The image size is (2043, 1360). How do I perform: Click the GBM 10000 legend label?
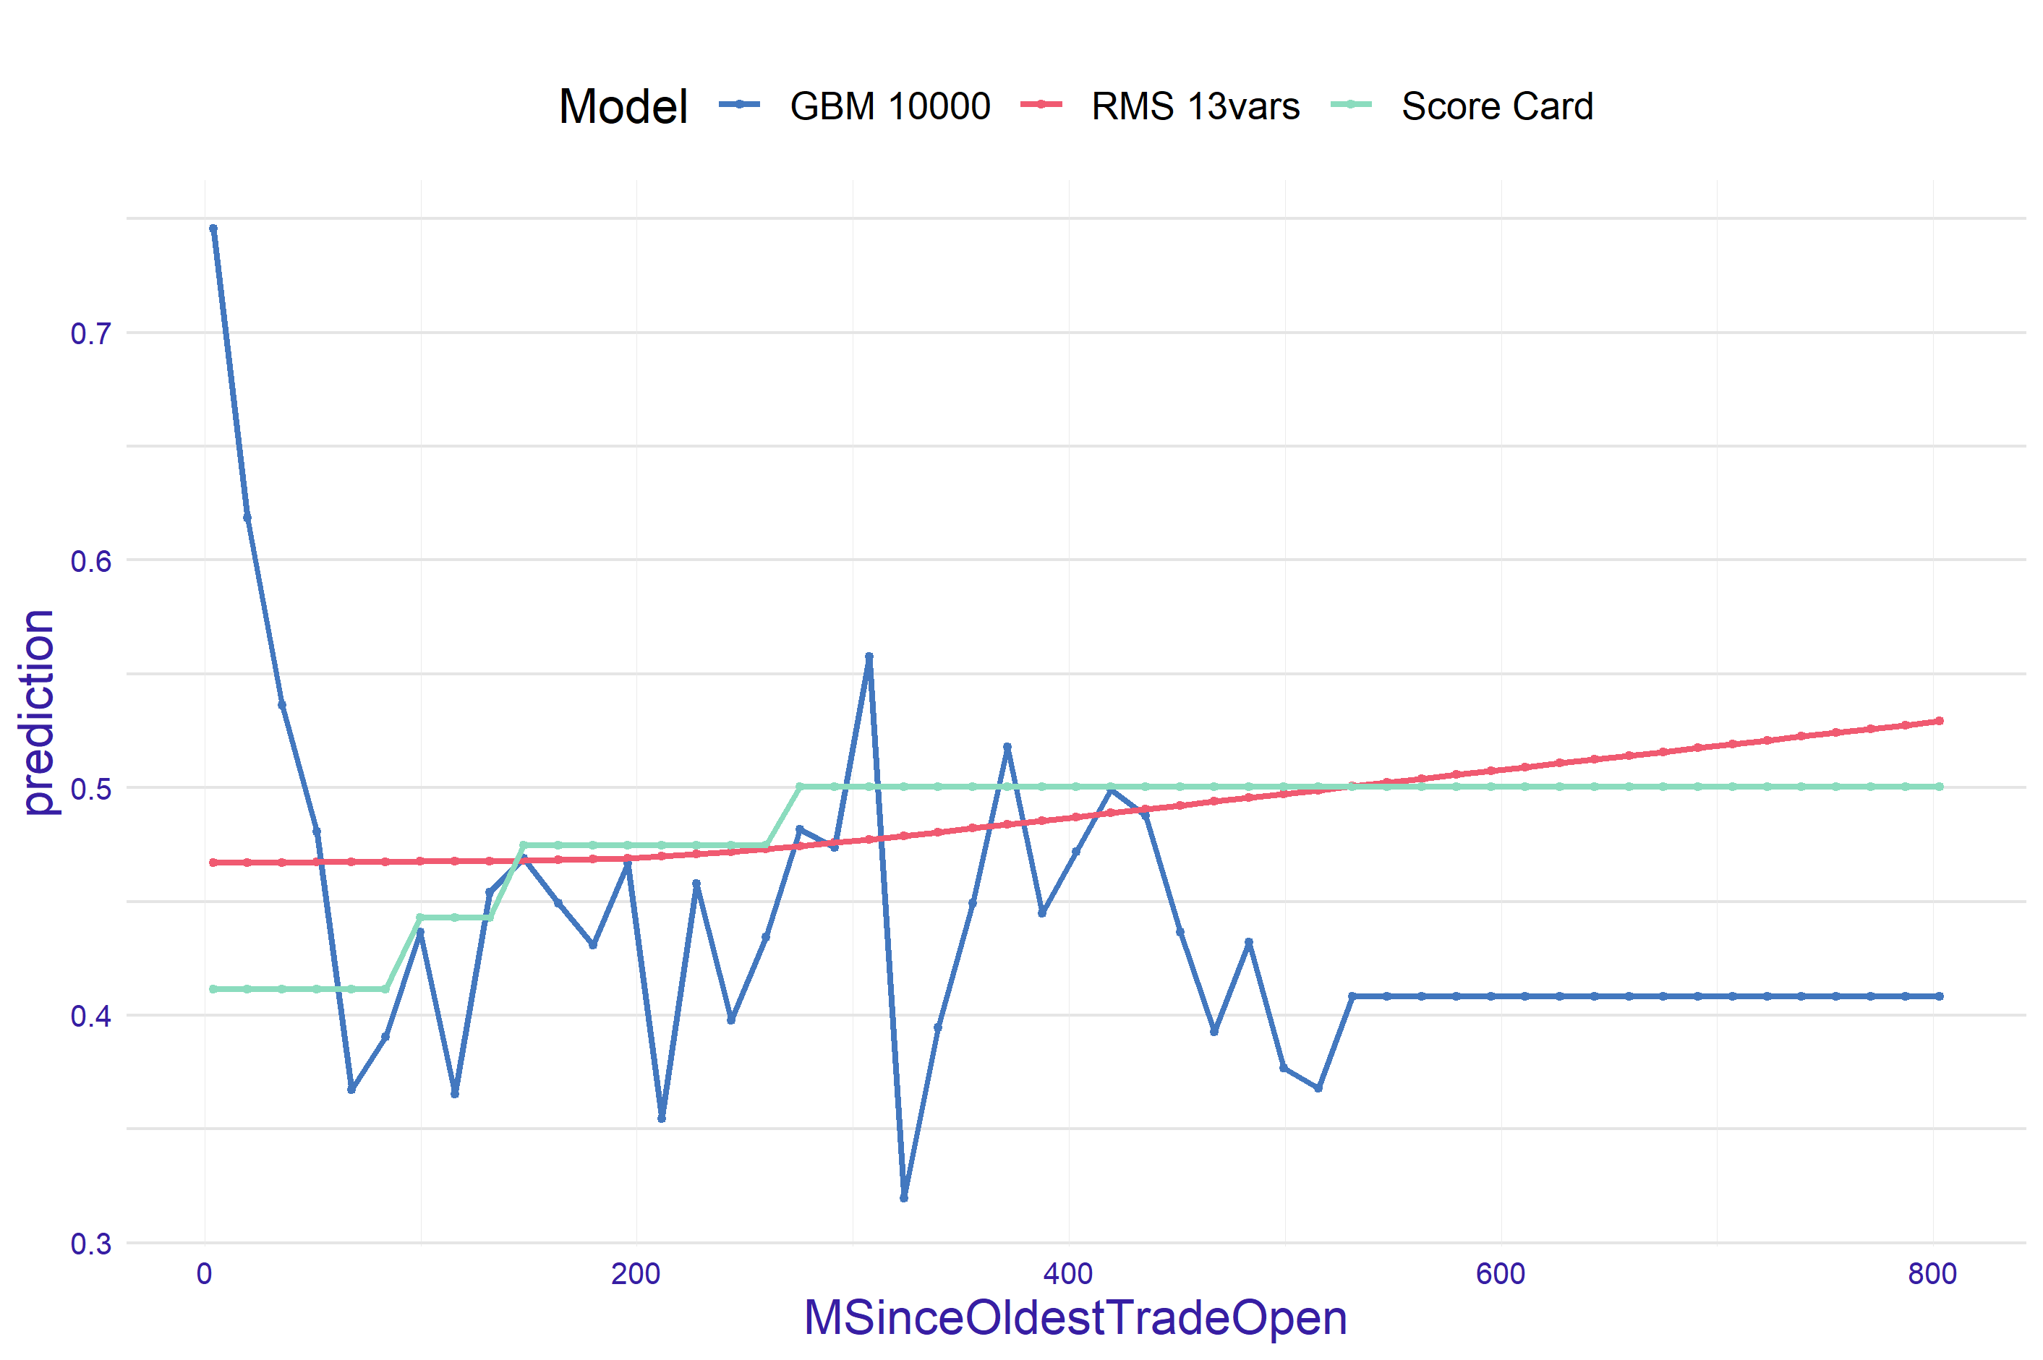click(890, 107)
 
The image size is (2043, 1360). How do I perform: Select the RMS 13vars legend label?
click(1195, 107)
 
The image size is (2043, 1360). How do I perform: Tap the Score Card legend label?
click(1496, 107)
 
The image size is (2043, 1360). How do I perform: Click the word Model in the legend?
click(623, 107)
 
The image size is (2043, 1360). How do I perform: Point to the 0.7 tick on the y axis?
click(91, 334)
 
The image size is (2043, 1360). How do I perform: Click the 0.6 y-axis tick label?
click(91, 561)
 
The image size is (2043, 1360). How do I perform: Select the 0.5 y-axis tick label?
click(91, 790)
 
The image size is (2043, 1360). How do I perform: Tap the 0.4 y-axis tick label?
click(91, 1017)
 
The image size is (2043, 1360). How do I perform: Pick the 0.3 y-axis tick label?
click(91, 1244)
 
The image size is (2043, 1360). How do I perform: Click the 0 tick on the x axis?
click(205, 1274)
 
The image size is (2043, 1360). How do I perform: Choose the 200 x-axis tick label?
click(636, 1274)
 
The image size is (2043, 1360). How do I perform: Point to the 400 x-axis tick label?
click(1068, 1274)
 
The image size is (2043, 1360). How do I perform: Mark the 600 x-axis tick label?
click(1500, 1274)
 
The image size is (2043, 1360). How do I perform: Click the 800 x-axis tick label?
click(1932, 1274)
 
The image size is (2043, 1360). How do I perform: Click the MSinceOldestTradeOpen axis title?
click(1075, 1318)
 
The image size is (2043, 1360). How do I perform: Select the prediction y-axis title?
click(39, 712)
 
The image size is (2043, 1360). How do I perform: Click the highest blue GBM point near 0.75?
click(213, 229)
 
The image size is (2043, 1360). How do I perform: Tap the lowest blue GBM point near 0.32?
click(904, 1198)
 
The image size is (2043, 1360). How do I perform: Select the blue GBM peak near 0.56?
click(869, 657)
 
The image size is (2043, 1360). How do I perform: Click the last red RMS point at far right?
click(1940, 721)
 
